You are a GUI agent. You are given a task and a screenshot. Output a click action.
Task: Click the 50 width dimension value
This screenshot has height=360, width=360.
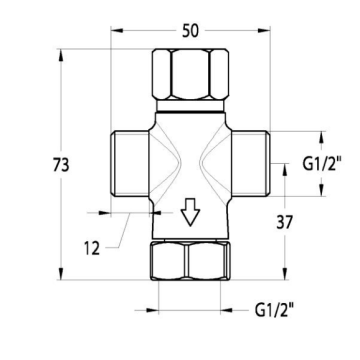[190, 31]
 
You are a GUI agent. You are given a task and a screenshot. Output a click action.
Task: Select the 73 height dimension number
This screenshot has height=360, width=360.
[61, 165]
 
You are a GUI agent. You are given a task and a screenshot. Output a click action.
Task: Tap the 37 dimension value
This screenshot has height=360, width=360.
[284, 222]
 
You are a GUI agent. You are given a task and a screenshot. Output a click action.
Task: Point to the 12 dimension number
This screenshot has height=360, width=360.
[92, 248]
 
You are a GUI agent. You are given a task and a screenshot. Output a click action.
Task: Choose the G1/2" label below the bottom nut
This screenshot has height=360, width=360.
[274, 310]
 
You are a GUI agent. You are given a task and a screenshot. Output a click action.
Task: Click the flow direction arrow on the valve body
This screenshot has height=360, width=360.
[190, 212]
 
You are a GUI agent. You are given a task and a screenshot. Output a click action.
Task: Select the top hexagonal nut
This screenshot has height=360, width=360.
[190, 74]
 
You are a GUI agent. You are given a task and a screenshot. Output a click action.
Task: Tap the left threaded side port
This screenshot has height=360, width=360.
[130, 163]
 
